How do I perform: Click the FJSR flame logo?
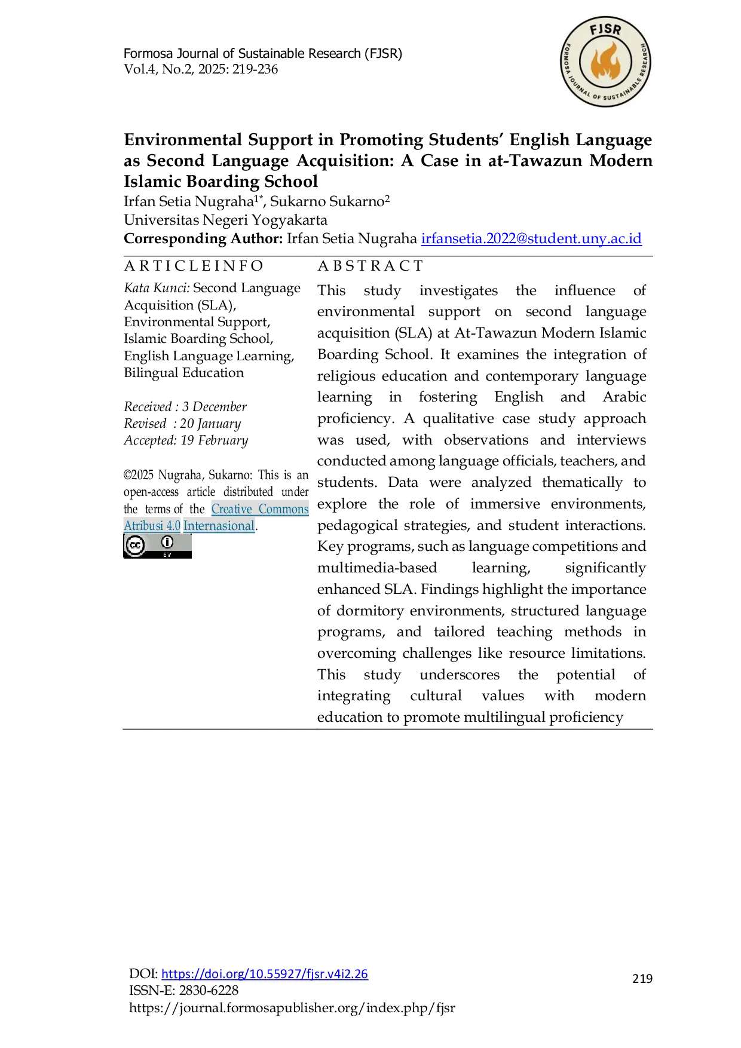tap(605, 62)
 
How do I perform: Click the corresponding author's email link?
tap(531, 238)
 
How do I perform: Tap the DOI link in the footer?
tap(265, 973)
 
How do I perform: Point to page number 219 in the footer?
tap(642, 978)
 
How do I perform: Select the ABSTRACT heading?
tap(370, 266)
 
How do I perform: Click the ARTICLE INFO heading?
tap(194, 266)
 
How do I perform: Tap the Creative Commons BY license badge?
tap(157, 546)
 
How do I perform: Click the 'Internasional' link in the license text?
tap(219, 526)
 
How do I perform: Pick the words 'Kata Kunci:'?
tap(157, 288)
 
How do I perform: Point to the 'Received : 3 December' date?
tap(185, 406)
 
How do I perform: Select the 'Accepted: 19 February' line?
tap(186, 440)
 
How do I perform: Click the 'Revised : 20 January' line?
tap(182, 424)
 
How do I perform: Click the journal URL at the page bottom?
tap(292, 1008)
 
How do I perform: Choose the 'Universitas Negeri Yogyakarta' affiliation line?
tap(225, 220)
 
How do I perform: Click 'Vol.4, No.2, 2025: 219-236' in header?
tap(201, 69)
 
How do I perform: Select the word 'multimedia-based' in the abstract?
tap(377, 568)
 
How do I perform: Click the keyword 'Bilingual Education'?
tap(184, 373)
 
